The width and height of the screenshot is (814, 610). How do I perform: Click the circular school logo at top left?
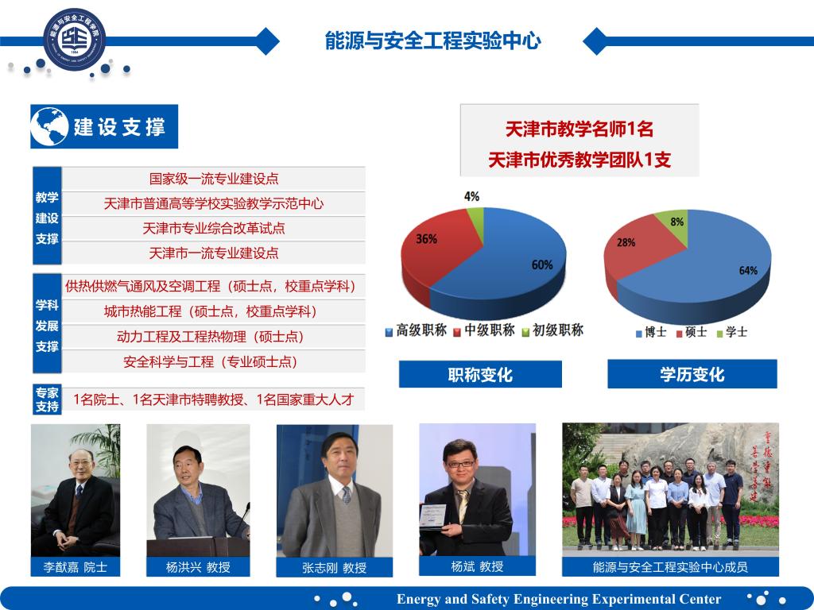[74, 40]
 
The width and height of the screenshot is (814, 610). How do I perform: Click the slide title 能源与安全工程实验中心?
[433, 41]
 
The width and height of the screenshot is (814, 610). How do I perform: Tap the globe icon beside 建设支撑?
[50, 126]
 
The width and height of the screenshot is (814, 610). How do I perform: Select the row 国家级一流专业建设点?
[214, 179]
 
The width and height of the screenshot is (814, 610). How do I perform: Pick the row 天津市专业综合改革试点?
[214, 228]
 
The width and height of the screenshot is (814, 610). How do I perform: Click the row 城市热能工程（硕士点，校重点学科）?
[214, 311]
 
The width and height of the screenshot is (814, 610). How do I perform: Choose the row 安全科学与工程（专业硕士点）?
[214, 361]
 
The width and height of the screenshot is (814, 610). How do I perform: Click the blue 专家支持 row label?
[47, 400]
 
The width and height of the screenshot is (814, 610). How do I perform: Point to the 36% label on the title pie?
[426, 239]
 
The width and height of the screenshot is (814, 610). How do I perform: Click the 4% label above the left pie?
[471, 197]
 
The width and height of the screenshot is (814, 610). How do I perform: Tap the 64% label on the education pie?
[748, 270]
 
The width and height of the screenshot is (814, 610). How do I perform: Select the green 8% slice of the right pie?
[673, 224]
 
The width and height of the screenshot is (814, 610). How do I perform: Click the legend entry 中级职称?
[484, 330]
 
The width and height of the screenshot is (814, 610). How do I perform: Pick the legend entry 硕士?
[692, 332]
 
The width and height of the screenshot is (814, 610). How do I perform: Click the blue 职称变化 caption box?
[480, 374]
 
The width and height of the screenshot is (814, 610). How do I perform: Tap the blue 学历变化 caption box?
[692, 374]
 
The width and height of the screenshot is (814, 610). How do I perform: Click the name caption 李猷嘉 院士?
[76, 567]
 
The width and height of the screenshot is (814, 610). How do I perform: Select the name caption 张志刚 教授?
[335, 567]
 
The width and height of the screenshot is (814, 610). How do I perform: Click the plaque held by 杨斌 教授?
[432, 517]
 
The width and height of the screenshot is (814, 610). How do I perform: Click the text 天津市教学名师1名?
[579, 129]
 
